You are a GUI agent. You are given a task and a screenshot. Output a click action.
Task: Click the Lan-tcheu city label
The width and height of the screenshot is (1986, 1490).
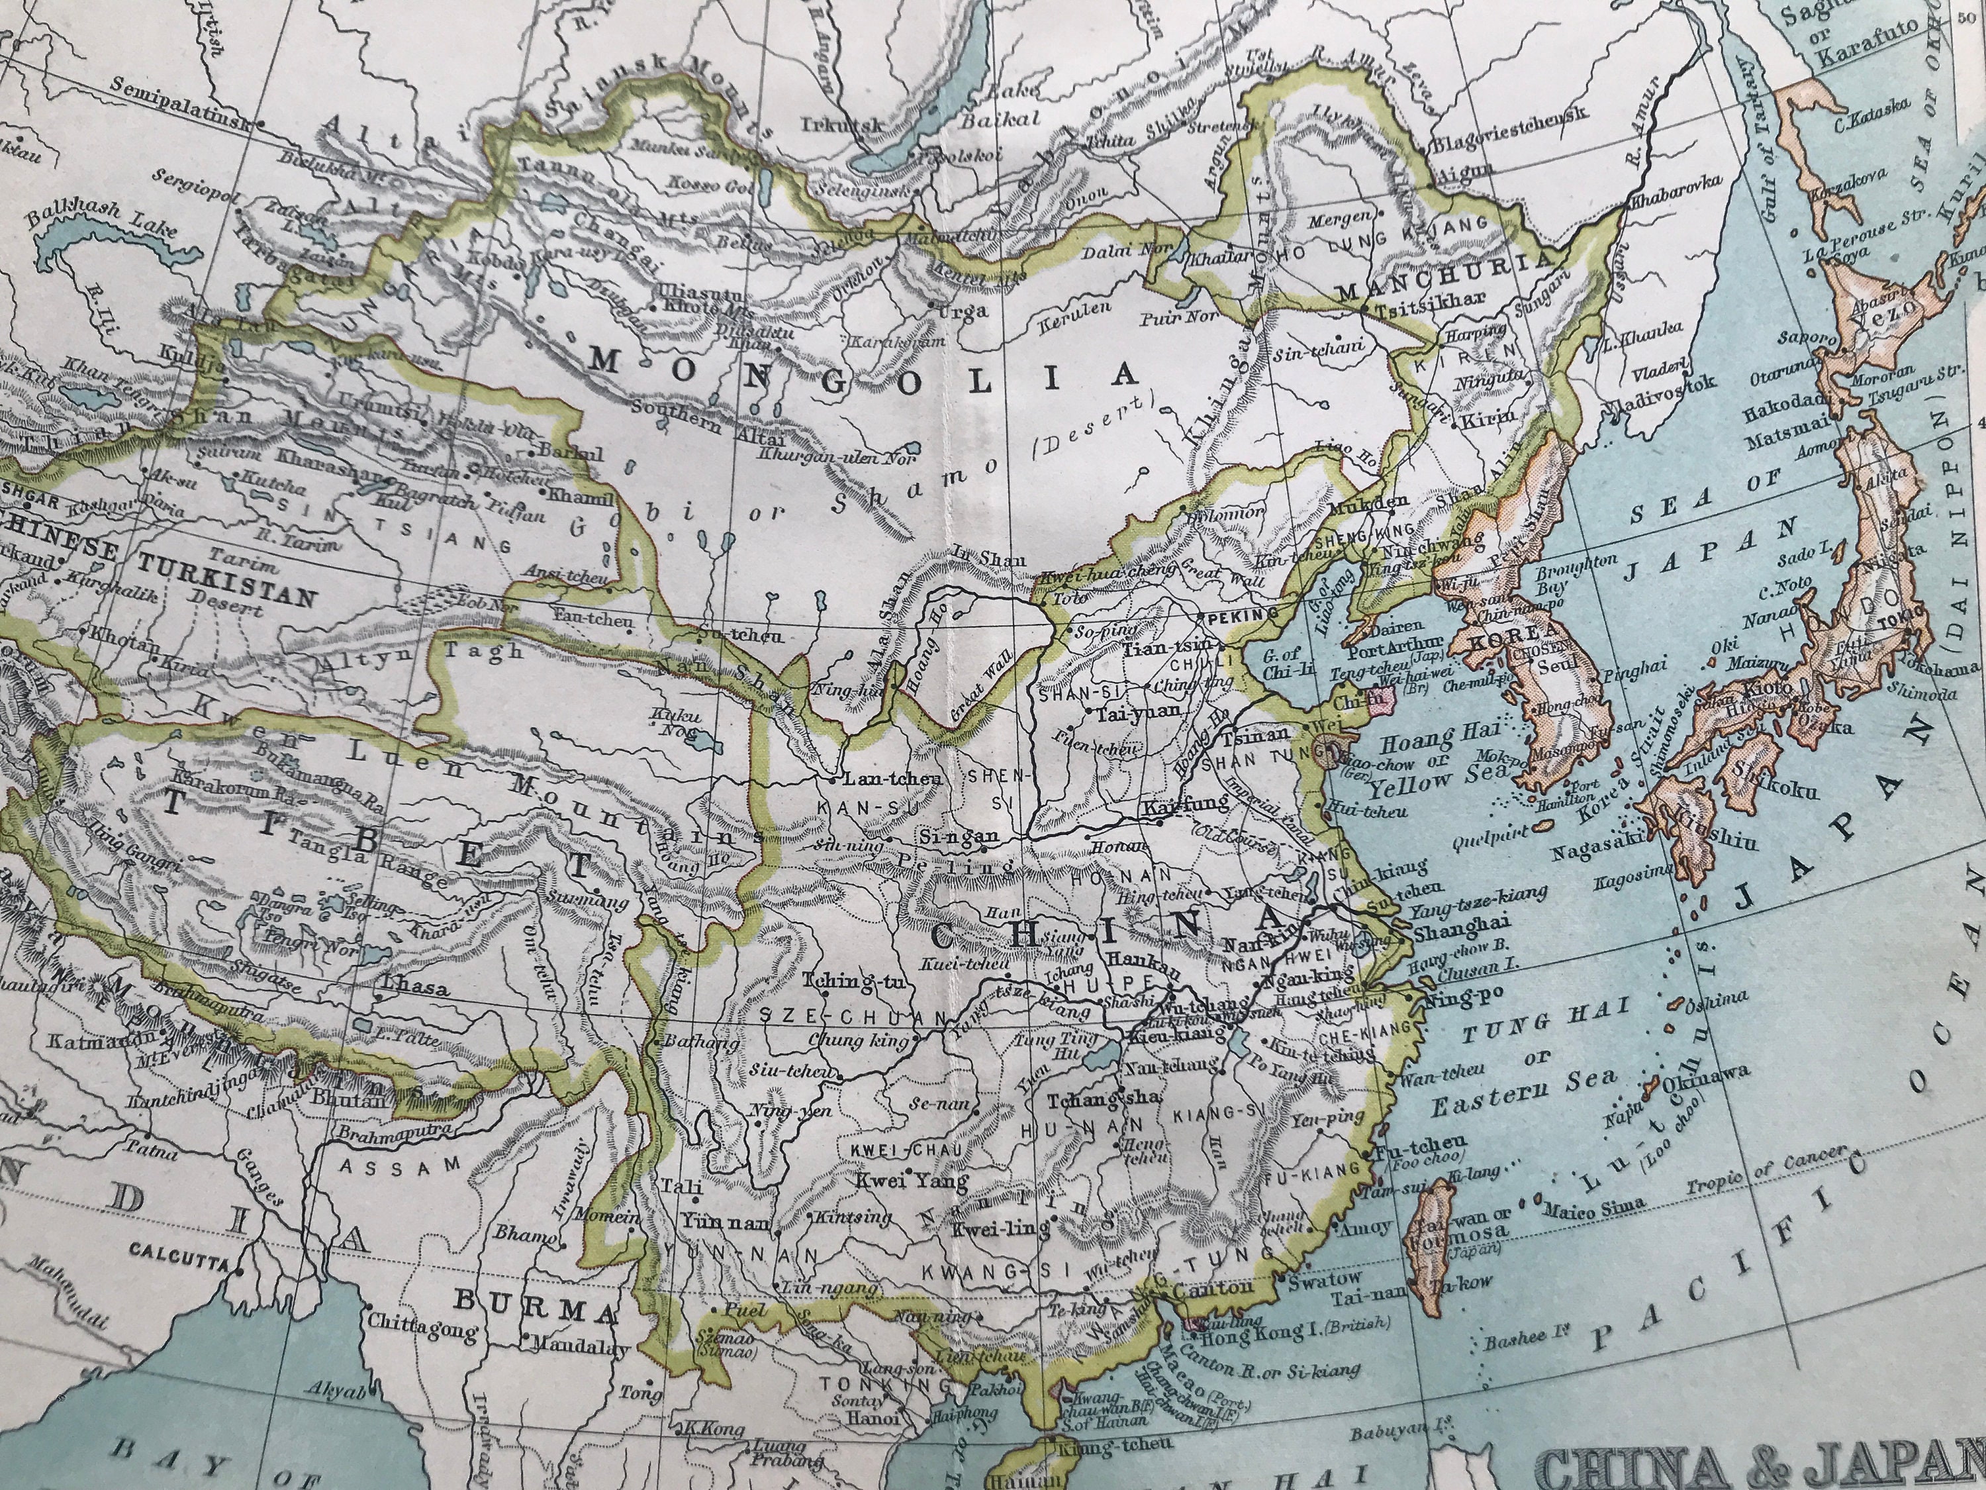893,779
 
